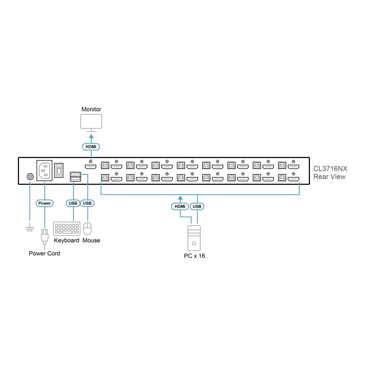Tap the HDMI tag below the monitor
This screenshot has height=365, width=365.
pos(91,147)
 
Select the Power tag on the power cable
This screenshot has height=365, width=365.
pos(45,203)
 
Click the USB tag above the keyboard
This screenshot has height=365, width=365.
pos(73,203)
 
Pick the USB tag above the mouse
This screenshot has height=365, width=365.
pos(87,203)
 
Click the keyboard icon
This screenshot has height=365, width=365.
pos(67,228)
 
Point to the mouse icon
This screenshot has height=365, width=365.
pos(88,228)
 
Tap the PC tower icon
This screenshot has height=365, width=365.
pos(194,238)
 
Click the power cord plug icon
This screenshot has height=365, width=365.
pos(45,237)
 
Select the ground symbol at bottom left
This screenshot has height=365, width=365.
pos(30,227)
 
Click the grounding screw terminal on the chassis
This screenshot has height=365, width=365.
pos(30,177)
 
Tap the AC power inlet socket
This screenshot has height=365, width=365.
pos(45,170)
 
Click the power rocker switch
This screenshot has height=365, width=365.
pos(59,170)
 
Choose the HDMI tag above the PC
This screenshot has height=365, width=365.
pos(180,207)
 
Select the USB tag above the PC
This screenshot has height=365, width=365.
pos(197,207)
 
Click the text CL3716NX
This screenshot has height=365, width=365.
pos(330,169)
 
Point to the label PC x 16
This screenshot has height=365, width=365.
pos(195,256)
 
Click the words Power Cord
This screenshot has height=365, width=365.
pos(45,253)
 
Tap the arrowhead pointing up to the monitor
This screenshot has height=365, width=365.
pos(91,137)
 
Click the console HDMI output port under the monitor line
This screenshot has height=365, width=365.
pos(91,167)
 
